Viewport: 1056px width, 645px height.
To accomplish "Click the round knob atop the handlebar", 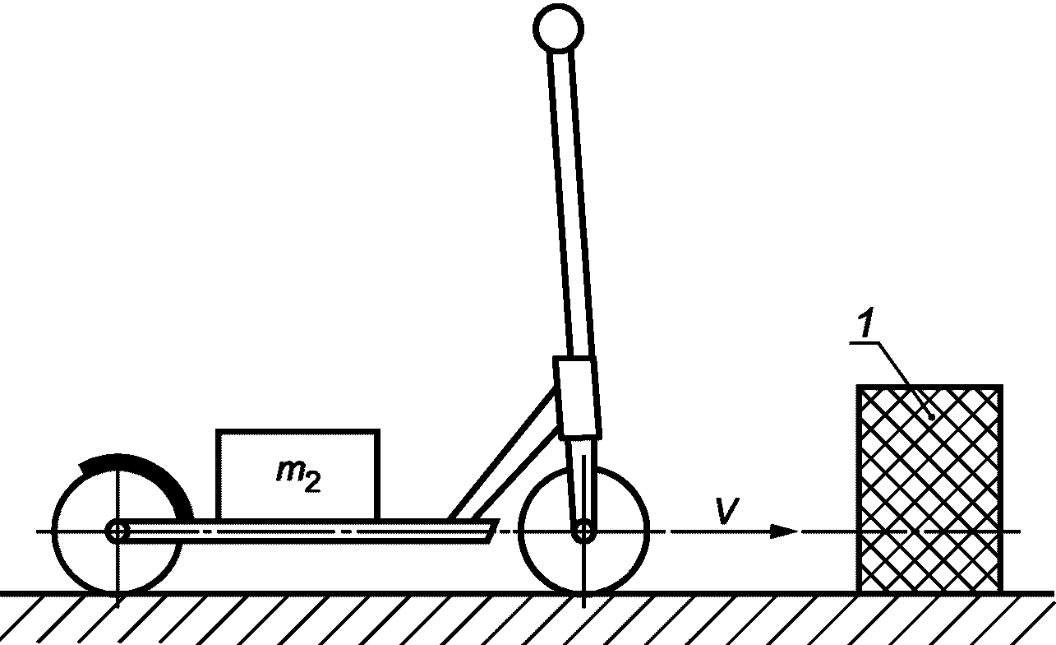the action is pos(558,29).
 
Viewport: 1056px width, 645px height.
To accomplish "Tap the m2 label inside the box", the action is pos(298,475).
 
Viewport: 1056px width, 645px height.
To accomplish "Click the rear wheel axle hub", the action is pos(118,531).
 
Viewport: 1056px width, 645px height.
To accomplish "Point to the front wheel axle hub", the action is pos(583,531).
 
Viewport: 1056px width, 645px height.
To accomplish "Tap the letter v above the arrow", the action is pos(723,511).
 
